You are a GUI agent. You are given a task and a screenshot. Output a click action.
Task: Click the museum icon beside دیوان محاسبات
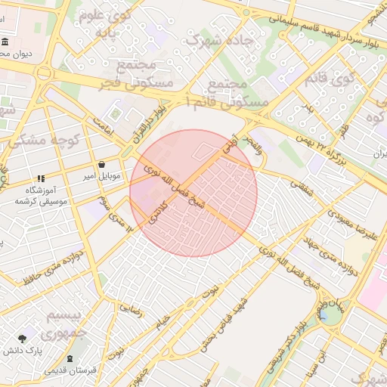point(5,42)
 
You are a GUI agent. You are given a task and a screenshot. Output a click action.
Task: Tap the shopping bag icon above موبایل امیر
point(101,165)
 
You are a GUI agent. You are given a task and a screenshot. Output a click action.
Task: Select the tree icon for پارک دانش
point(22,339)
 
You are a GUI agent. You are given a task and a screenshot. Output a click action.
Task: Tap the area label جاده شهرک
point(212,40)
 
